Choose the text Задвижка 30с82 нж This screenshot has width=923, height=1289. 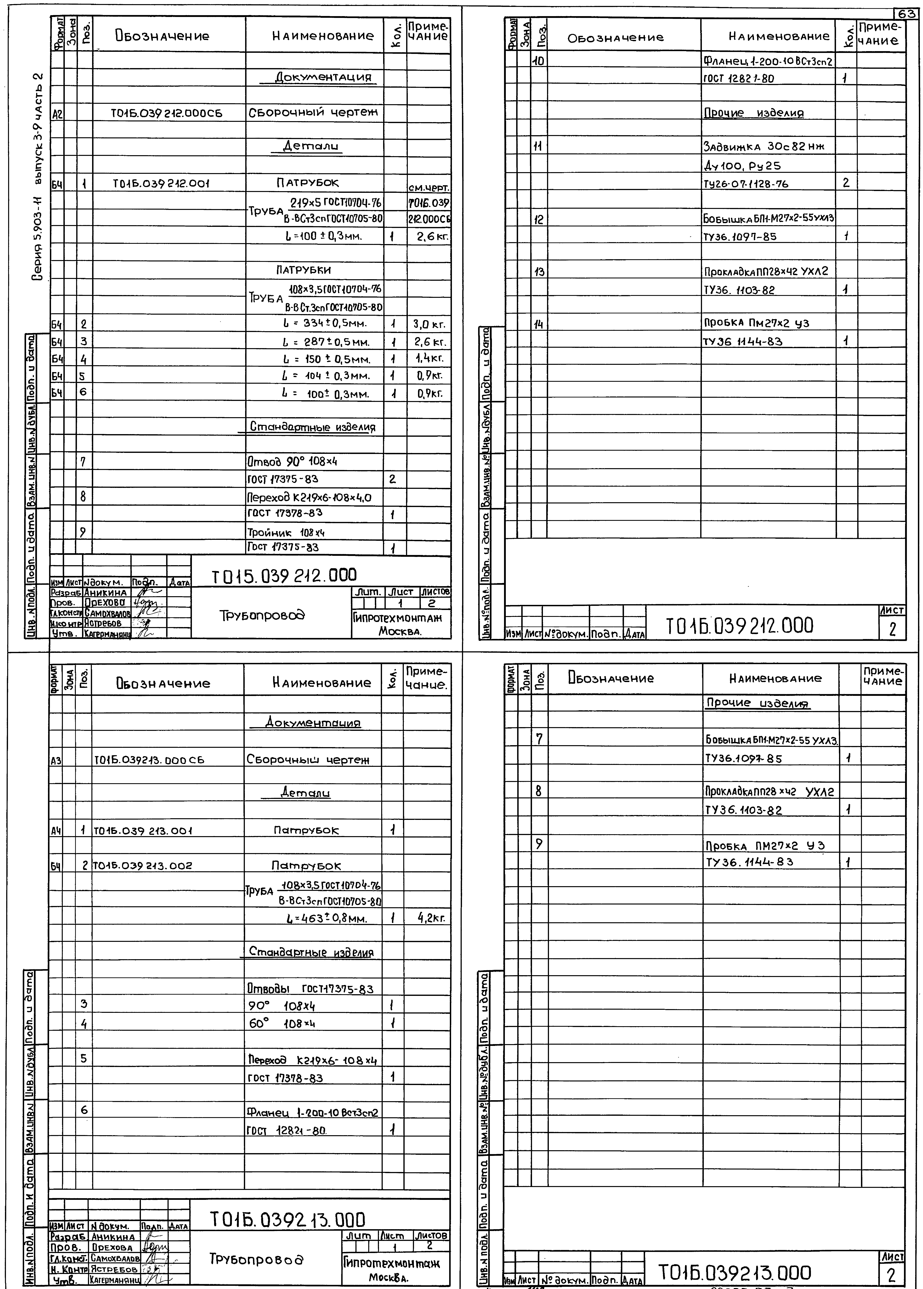[x=763, y=146]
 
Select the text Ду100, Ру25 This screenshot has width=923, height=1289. [x=742, y=166]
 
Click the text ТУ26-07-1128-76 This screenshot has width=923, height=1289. [x=746, y=184]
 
